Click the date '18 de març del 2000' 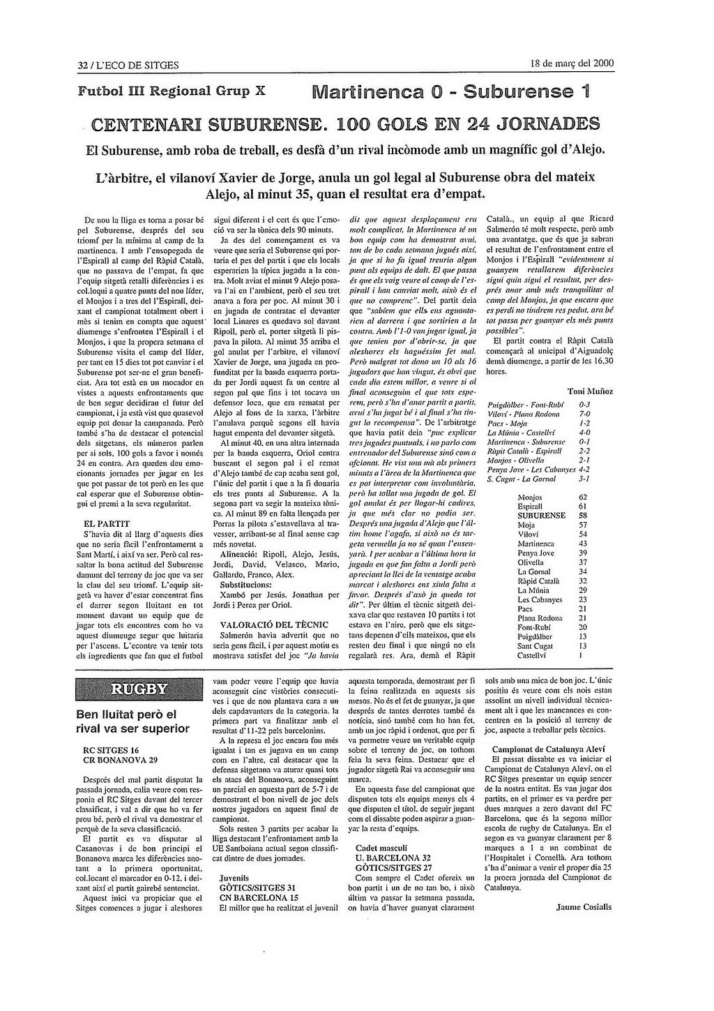[x=572, y=63]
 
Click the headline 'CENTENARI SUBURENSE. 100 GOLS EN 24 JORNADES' [x=346, y=125]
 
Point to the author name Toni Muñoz [x=590, y=391]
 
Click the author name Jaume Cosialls [x=584, y=907]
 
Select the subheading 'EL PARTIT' [x=106, y=523]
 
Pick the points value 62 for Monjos [x=583, y=497]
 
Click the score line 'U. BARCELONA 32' [x=393, y=858]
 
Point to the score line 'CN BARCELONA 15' [x=259, y=898]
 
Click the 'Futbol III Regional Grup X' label [x=171, y=91]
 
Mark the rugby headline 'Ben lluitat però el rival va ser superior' [x=132, y=721]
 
